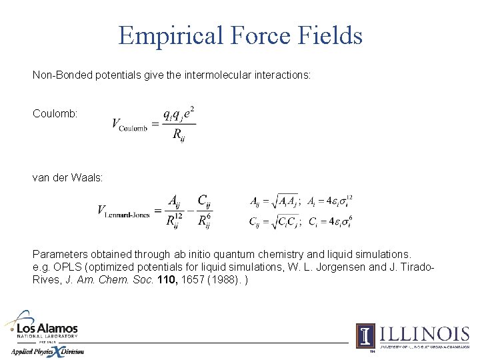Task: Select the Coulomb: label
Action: (x=55, y=114)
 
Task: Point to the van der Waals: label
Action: (x=68, y=177)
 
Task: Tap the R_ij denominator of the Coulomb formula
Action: (x=178, y=135)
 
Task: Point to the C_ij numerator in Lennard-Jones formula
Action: (x=205, y=201)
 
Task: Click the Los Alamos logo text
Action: (x=47, y=329)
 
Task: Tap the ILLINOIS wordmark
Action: (x=424, y=334)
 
